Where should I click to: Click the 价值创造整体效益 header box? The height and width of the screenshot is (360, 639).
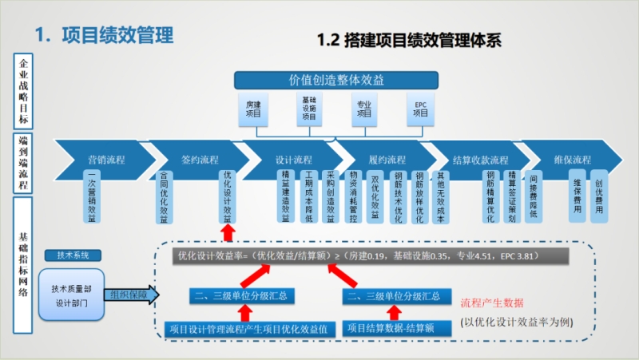click(335, 80)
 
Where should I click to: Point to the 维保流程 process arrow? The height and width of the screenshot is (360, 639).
click(571, 159)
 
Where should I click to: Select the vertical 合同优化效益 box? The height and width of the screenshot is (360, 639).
click(165, 198)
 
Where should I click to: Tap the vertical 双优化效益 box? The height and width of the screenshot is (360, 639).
click(375, 196)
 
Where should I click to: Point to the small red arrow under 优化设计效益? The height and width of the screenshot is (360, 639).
click(228, 231)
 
